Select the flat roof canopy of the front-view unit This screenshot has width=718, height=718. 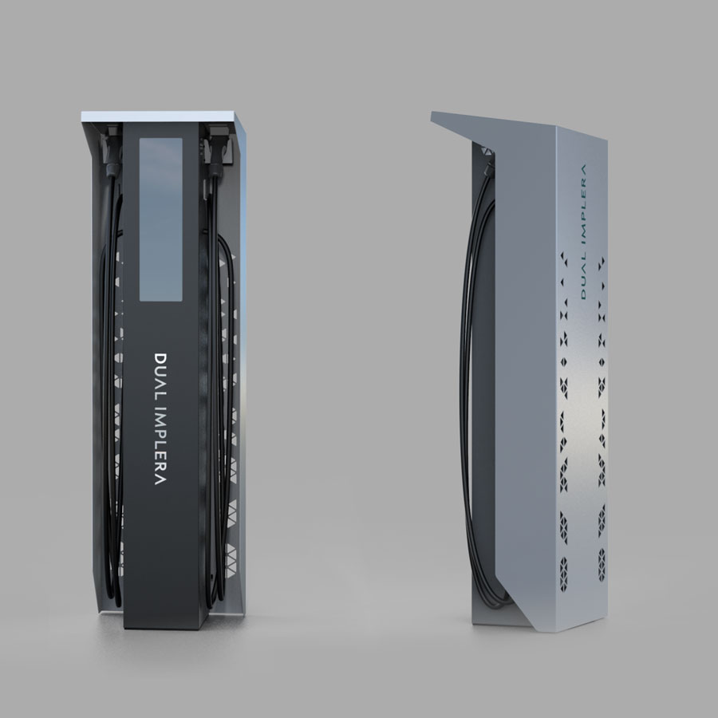coord(164,117)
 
